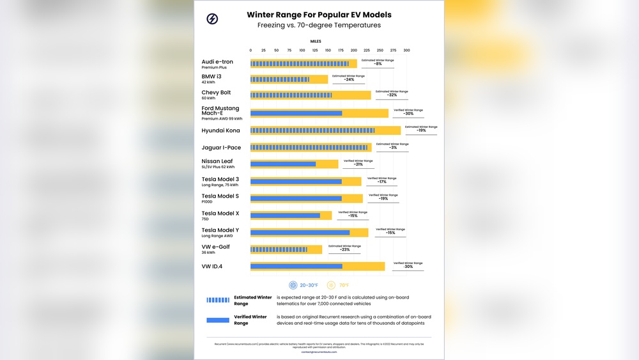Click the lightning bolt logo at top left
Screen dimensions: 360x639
click(212, 19)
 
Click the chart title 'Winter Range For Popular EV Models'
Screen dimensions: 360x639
click(319, 15)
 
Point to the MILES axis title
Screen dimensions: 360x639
click(316, 41)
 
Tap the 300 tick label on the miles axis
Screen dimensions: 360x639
click(406, 50)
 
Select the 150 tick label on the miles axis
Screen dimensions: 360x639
click(328, 50)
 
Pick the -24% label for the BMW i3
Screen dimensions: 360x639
click(349, 80)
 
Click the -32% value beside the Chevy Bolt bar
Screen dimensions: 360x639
click(392, 95)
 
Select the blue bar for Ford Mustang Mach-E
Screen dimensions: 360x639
click(296, 113)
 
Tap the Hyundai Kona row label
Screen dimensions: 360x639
click(220, 130)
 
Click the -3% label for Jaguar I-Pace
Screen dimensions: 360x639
click(392, 148)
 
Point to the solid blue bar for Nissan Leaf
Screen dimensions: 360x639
click(282, 164)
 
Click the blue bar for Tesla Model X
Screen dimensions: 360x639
click(285, 215)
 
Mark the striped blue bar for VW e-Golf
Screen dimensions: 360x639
click(279, 249)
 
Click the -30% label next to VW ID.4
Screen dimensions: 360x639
click(408, 267)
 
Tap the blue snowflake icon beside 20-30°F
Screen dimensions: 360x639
click(293, 285)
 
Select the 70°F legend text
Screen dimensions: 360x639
click(344, 285)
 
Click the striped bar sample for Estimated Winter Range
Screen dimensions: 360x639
click(217, 300)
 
